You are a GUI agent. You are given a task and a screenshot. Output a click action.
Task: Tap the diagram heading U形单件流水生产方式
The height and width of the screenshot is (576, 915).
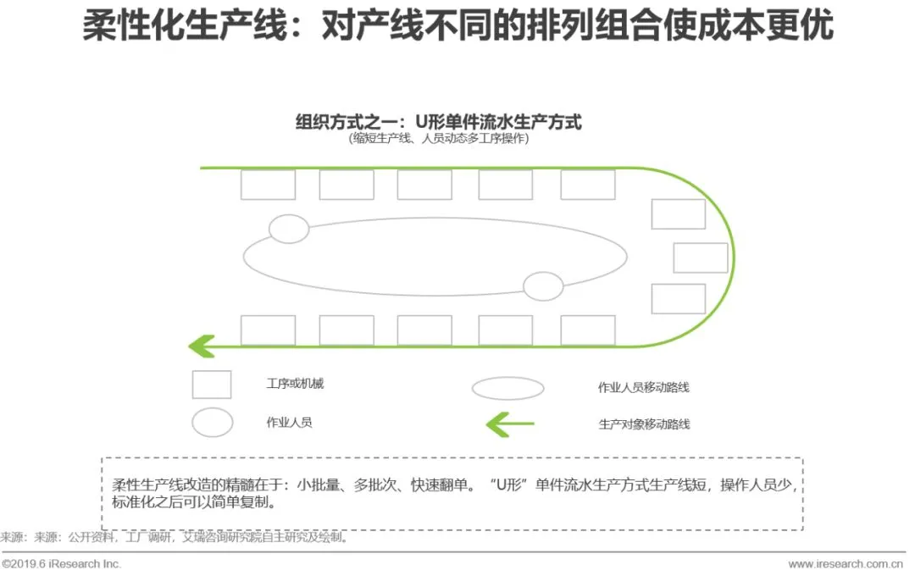coord(438,121)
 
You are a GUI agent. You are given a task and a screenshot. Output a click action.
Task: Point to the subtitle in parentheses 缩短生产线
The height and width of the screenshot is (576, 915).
coord(438,139)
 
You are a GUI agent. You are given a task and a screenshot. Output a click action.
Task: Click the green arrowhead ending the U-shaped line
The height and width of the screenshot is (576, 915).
coord(201,346)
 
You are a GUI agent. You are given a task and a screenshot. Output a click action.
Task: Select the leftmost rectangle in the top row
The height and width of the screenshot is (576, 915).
coord(268,185)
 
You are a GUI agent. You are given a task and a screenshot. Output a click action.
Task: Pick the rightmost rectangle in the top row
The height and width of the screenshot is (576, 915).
coord(587,185)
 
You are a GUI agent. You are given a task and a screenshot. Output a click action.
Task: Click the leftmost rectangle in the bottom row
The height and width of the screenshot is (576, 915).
coord(268,330)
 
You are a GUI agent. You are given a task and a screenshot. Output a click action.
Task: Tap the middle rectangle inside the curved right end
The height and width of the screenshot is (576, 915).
coord(700,258)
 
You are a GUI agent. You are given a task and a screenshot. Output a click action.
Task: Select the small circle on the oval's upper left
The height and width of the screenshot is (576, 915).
coord(289,229)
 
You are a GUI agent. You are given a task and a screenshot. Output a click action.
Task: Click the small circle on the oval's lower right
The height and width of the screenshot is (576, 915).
coord(543,287)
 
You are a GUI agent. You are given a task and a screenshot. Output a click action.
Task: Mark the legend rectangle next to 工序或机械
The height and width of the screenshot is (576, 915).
coord(211,385)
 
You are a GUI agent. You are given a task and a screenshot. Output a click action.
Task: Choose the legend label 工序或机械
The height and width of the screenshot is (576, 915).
coord(294,384)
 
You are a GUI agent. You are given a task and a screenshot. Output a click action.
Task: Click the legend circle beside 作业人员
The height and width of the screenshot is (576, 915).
coord(212,422)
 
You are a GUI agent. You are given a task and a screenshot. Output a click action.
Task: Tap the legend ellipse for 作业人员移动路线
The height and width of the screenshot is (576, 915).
coord(507,388)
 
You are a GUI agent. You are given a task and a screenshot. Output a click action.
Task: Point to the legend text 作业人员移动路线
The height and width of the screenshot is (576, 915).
coord(643,388)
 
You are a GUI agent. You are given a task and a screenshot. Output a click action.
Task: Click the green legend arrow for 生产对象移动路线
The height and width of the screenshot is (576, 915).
coord(509,423)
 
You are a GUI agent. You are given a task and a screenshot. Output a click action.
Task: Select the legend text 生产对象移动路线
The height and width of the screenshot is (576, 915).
coord(644,424)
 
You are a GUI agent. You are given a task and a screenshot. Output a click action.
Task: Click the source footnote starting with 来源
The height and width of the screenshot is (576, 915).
coord(174,537)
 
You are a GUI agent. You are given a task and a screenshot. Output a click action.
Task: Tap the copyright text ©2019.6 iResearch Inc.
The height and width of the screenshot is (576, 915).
coord(62,563)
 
